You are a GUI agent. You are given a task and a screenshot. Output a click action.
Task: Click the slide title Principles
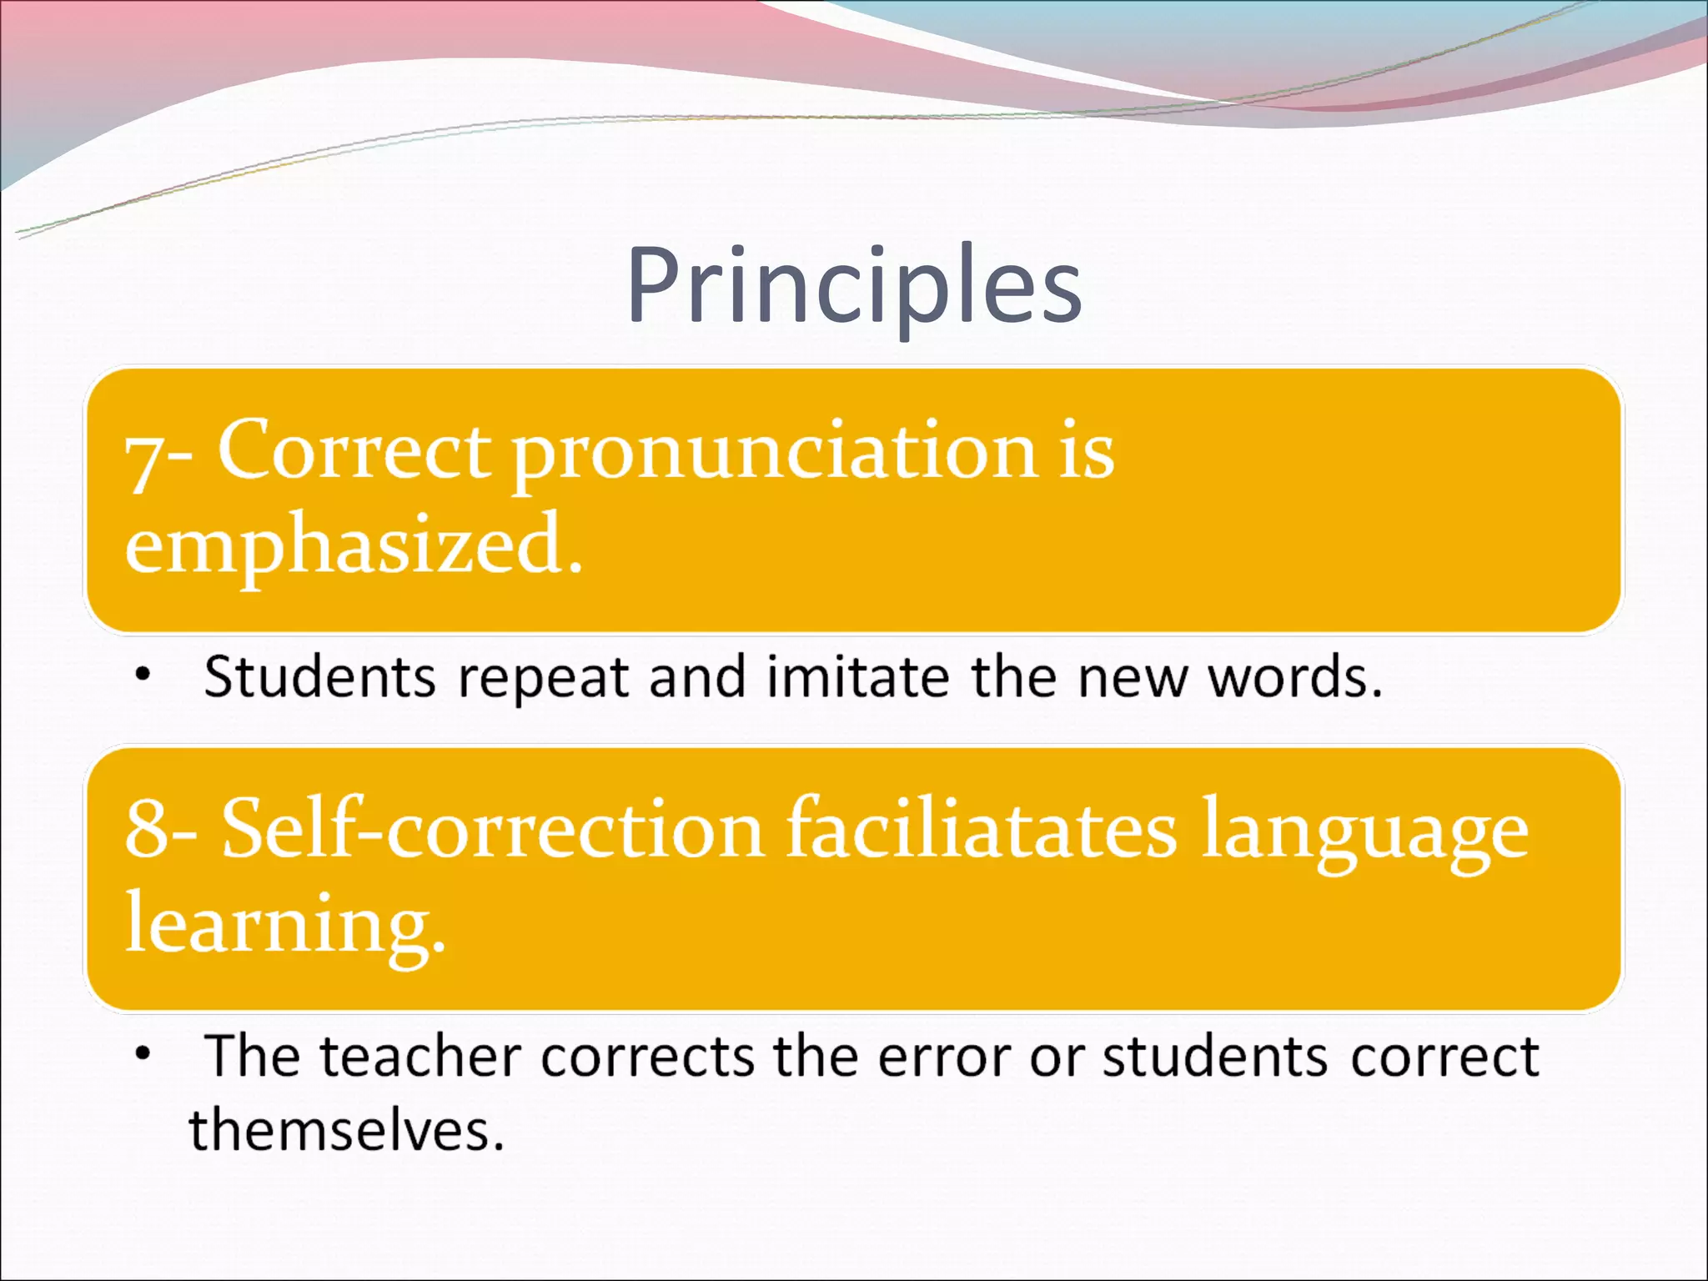pos(854,285)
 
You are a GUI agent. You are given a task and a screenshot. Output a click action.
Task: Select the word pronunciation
pos(774,455)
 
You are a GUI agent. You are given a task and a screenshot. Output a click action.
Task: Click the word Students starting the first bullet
pos(319,676)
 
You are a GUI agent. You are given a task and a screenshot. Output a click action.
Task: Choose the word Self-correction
pos(492,831)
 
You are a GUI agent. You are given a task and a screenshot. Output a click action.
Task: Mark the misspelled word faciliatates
pos(981,829)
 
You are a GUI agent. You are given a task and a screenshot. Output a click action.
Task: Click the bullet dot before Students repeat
pos(143,675)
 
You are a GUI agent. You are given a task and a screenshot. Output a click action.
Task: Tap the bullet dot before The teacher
pos(143,1053)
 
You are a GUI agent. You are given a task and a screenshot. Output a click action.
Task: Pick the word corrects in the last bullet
pos(647,1057)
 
